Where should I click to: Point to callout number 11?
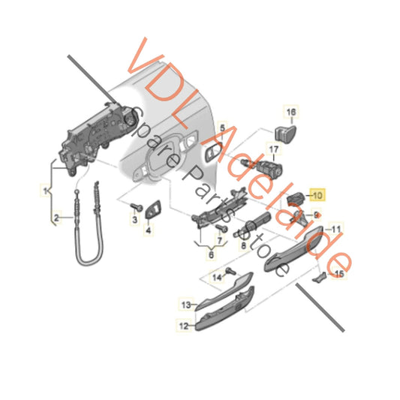(337, 229)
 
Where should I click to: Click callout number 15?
(341, 275)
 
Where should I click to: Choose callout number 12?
(183, 326)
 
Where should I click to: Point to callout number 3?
(135, 221)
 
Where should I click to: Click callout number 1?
(45, 190)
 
